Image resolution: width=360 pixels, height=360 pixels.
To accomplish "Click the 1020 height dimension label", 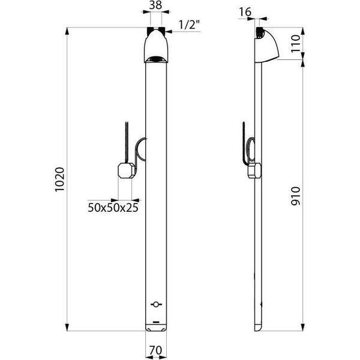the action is (60, 179).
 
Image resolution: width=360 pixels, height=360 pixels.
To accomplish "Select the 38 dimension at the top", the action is (155, 5).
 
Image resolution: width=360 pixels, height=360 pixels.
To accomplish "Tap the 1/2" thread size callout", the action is (189, 25).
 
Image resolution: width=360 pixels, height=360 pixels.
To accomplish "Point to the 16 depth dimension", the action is (245, 12).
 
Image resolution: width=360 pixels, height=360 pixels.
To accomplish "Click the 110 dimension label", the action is (296, 43).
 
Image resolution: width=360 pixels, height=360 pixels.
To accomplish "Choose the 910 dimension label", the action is (296, 196).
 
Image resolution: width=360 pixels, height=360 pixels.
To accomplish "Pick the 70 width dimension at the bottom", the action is (155, 350).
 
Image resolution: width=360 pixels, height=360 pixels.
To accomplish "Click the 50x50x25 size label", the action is (113, 208).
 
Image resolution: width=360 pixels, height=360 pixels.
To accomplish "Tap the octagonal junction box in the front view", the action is (126, 170).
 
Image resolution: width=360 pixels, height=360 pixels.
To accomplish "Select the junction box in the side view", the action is (254, 170).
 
